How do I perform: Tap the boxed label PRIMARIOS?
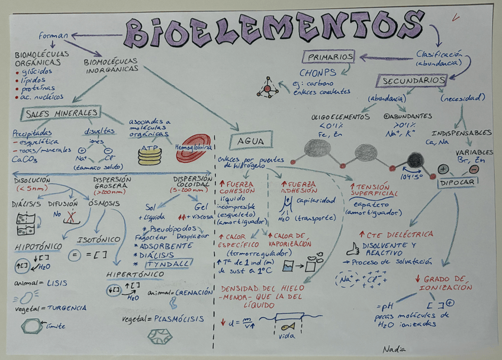pyautogui.click(x=330, y=57)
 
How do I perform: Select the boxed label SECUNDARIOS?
pyautogui.click(x=413, y=80)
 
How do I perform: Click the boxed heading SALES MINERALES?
pyautogui.click(x=62, y=112)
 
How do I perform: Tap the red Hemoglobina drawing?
pyautogui.click(x=194, y=152)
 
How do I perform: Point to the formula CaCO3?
pyautogui.click(x=24, y=159)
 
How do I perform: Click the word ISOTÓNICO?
pyautogui.click(x=99, y=240)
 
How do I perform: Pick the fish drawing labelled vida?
pyautogui.click(x=287, y=326)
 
